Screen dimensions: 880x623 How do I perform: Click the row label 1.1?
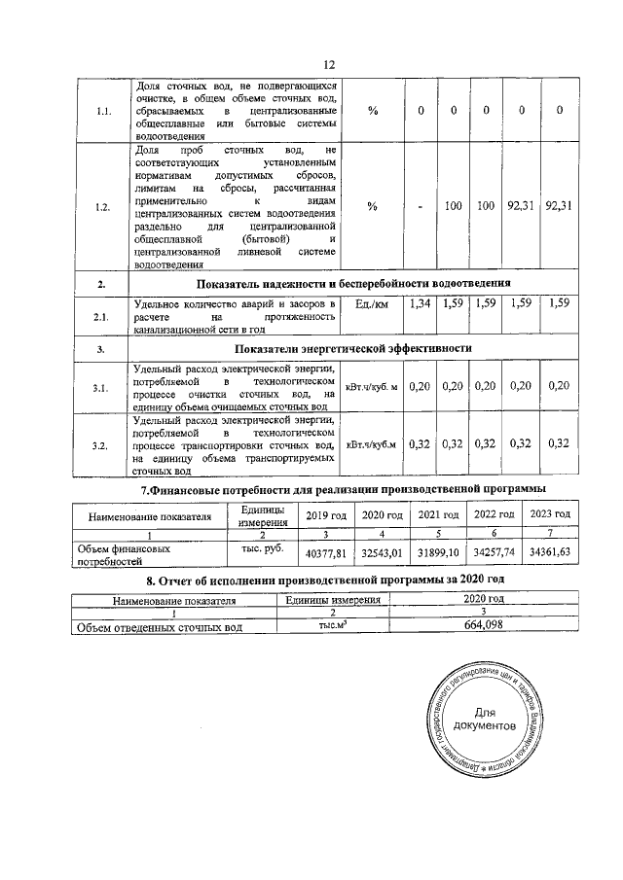(104, 111)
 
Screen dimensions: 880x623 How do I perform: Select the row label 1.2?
(104, 207)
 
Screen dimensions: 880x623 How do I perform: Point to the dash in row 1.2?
(421, 207)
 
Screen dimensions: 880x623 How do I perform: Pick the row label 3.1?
(104, 388)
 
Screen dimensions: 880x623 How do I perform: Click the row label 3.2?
(104, 445)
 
